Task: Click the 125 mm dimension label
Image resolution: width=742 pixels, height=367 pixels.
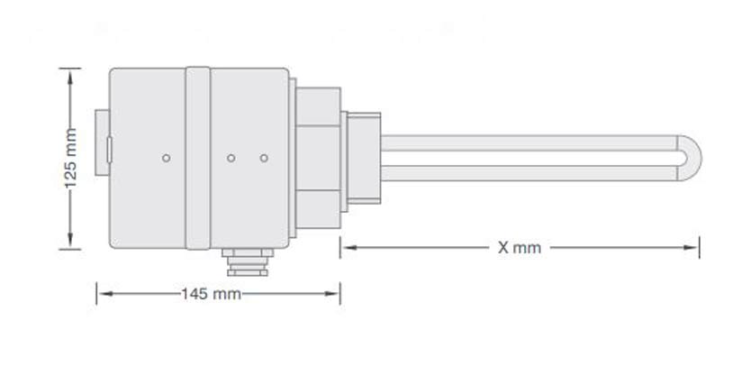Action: [71, 160]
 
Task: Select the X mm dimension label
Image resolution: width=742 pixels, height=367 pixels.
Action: [520, 247]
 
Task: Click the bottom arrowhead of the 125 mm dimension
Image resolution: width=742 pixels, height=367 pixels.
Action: [70, 243]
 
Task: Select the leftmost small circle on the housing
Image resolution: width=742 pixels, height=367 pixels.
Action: [166, 158]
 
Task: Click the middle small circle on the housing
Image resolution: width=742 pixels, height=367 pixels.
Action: [231, 158]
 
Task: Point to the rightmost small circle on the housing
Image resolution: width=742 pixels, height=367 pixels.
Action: [264, 158]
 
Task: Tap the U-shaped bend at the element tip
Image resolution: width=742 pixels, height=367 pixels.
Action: [692, 159]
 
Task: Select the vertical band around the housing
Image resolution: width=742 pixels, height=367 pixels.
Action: [197, 158]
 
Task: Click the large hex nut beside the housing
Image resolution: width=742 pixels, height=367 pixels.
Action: [319, 149]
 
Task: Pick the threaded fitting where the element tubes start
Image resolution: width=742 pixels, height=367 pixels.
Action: [362, 158]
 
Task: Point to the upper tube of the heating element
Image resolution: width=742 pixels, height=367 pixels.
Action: [531, 142]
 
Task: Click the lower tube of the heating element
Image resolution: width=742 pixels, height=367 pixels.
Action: [531, 173]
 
